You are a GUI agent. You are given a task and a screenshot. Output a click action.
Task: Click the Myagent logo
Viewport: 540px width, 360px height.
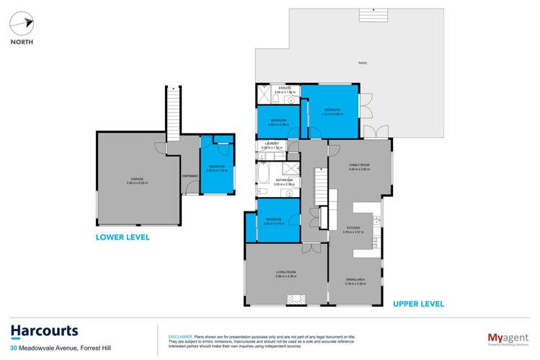coord(504,337)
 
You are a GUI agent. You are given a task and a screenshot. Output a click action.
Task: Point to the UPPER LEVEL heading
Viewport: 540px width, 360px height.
coord(417,303)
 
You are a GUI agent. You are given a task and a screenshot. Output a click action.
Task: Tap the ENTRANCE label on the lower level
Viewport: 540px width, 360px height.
coord(190,175)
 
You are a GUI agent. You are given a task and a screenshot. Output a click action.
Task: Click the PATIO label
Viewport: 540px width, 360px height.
coord(363,63)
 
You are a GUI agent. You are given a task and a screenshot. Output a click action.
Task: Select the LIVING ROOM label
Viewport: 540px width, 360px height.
coord(287,272)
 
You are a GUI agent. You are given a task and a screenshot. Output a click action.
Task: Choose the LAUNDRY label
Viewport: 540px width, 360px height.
coord(271,144)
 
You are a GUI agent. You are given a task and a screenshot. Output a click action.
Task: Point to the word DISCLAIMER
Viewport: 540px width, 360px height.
coord(180,337)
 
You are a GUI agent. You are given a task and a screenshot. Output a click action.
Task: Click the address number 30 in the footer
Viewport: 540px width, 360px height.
coord(14,350)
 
